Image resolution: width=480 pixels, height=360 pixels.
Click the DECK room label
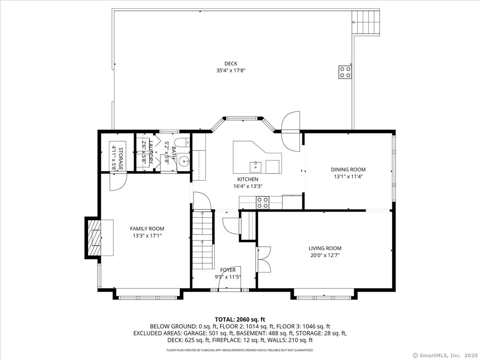point(231,64)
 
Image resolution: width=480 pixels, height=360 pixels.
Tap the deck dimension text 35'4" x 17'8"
point(231,71)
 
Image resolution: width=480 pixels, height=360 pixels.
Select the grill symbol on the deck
point(345,72)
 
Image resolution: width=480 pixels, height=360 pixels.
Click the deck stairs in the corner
point(366,22)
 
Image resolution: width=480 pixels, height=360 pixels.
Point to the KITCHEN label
point(248,179)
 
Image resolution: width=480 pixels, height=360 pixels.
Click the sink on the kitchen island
point(256,167)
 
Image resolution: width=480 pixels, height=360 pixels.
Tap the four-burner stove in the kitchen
point(263,203)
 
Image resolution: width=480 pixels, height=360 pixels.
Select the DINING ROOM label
point(348,169)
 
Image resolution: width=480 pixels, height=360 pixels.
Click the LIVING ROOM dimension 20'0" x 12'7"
point(325,255)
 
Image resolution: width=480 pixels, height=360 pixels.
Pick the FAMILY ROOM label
point(147,229)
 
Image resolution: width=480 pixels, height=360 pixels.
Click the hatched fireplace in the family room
point(94,238)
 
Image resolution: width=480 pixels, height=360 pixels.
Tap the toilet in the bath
point(183,142)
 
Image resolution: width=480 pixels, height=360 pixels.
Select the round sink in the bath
point(183,162)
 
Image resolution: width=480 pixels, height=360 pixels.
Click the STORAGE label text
point(120,159)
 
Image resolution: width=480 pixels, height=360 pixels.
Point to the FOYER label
point(228,270)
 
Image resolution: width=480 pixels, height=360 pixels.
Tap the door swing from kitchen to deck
point(290,131)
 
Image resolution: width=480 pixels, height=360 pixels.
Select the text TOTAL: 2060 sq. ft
point(240,320)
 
